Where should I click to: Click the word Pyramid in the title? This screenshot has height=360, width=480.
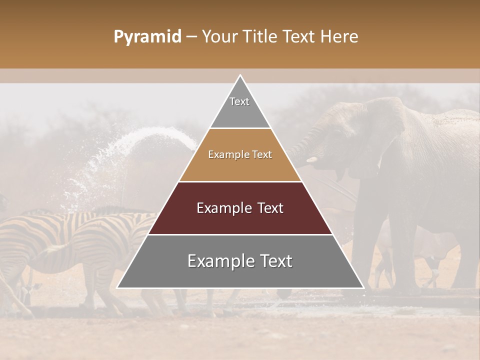click(x=147, y=37)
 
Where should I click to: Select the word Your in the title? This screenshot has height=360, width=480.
click(x=219, y=37)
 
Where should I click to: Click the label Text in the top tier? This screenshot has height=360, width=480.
click(x=239, y=101)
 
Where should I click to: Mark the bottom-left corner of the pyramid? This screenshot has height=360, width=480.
click(x=117, y=287)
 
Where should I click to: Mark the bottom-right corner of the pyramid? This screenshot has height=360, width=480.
click(x=363, y=287)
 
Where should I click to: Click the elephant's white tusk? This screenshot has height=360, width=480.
click(x=312, y=160)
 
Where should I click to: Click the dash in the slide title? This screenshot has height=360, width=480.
click(x=191, y=37)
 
